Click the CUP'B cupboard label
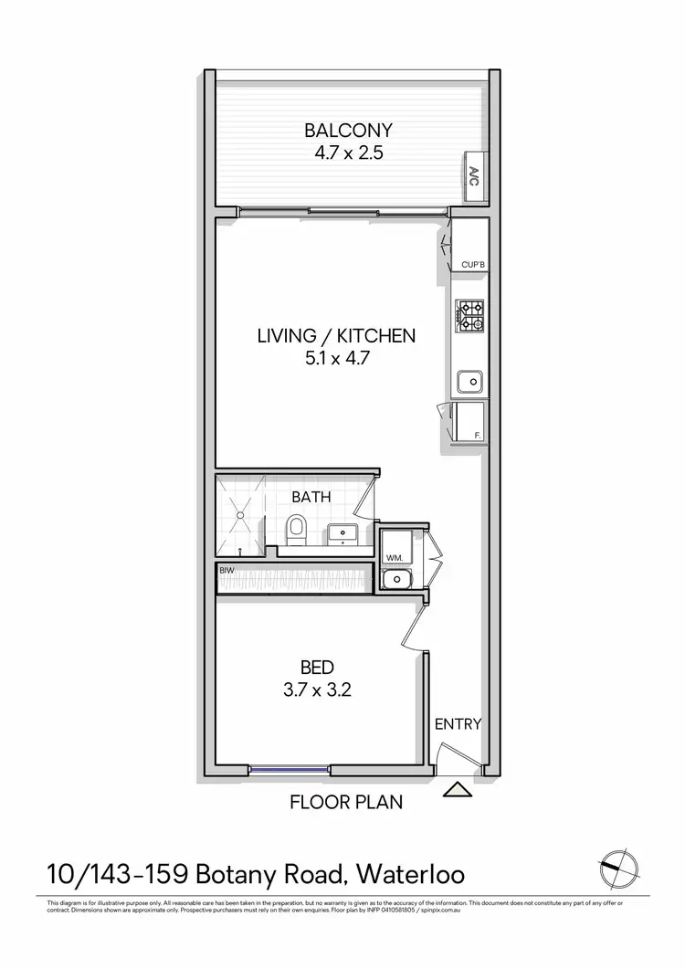click(x=471, y=265)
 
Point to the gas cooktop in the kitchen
click(x=470, y=316)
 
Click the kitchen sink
click(x=470, y=380)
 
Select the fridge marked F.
click(x=469, y=422)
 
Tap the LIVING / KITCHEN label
click(x=336, y=336)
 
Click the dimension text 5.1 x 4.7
click(x=336, y=359)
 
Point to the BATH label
click(x=311, y=498)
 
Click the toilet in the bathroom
click(x=296, y=530)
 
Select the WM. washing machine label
click(x=395, y=556)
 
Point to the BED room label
click(x=318, y=667)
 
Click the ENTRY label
click(x=457, y=724)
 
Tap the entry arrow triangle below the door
click(x=456, y=790)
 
